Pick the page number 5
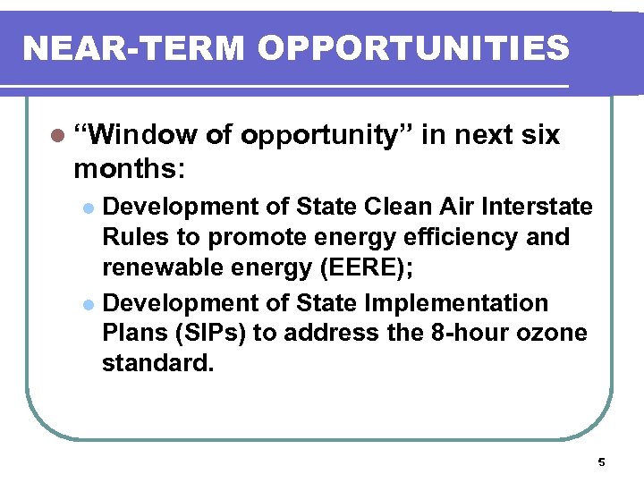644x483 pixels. (x=601, y=462)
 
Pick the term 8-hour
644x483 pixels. (x=465, y=334)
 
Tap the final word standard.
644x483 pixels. (x=158, y=364)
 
